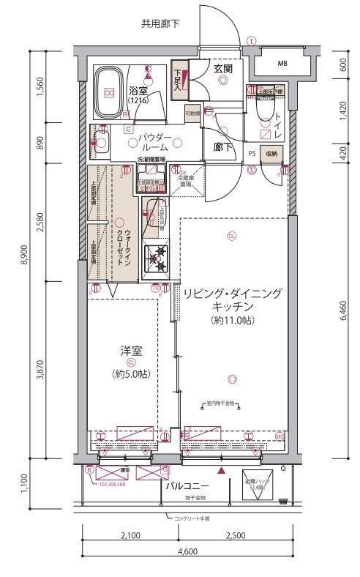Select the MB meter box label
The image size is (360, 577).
point(282,64)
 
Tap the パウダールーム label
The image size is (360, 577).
point(154,142)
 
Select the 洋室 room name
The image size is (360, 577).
point(131,351)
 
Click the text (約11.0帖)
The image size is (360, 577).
point(232,321)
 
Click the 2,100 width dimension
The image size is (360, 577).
point(128,535)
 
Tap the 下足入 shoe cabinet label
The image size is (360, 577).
point(178,79)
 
